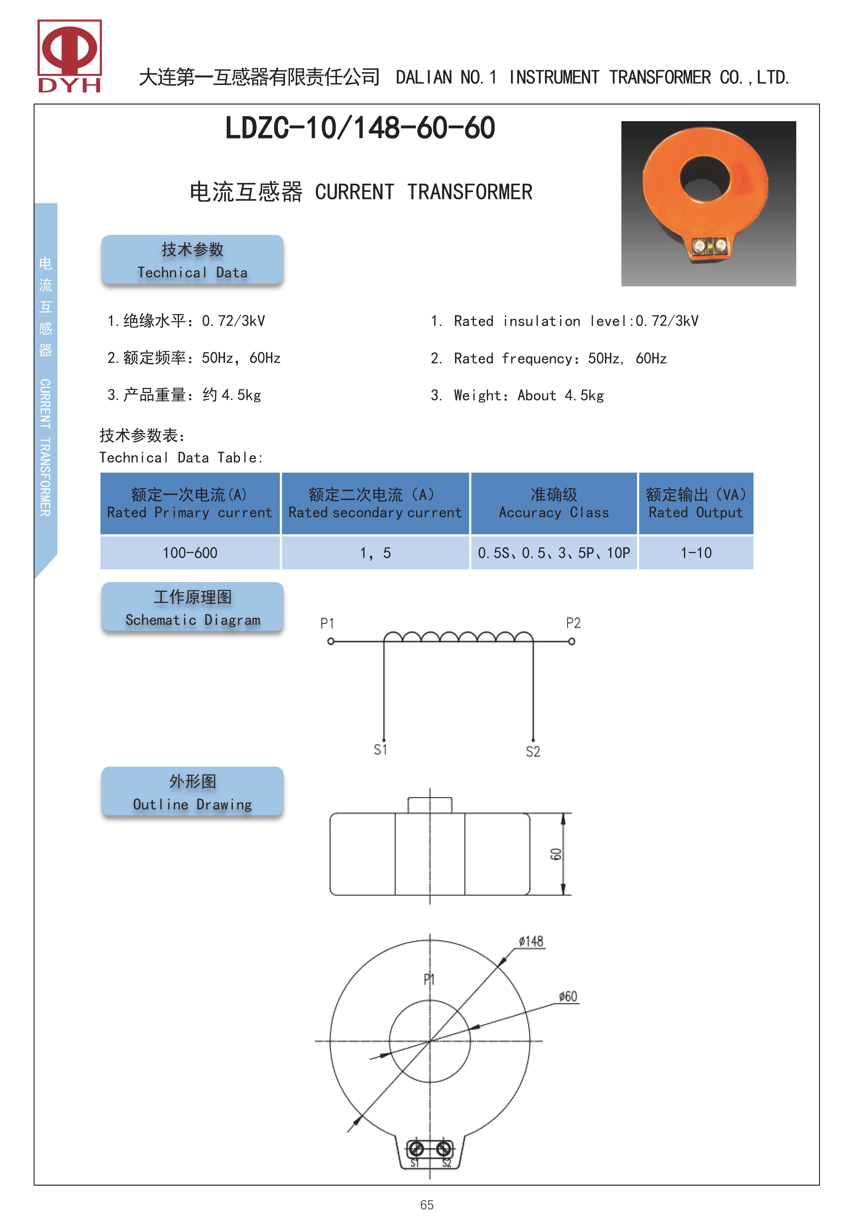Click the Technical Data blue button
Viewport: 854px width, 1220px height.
point(192,260)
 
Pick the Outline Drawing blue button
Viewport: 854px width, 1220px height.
point(192,791)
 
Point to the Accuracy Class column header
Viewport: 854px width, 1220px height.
point(553,503)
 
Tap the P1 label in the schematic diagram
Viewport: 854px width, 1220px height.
point(327,623)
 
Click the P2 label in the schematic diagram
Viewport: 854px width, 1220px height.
point(573,623)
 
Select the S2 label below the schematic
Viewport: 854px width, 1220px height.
point(533,751)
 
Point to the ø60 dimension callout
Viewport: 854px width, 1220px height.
point(568,996)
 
